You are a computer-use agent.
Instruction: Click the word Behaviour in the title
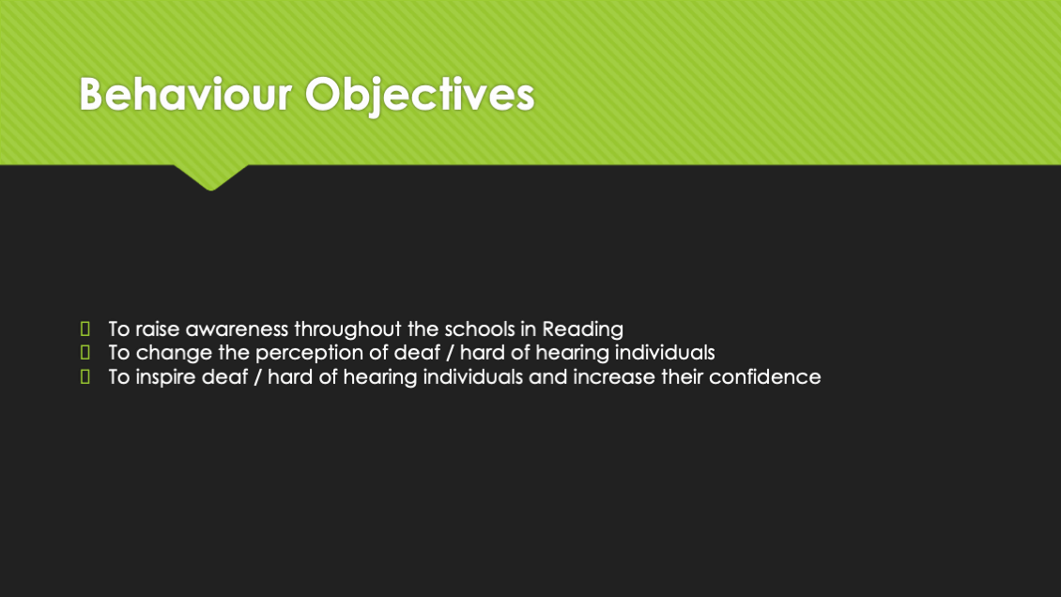185,94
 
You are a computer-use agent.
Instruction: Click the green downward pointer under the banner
211,177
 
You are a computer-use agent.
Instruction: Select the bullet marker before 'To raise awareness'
85,329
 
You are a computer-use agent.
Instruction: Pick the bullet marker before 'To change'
85,352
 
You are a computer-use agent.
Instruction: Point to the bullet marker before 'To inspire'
85,375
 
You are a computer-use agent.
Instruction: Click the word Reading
582,329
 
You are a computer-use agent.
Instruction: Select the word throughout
347,329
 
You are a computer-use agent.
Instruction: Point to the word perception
309,354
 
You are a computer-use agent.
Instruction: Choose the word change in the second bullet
174,354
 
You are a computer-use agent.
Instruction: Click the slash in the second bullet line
450,353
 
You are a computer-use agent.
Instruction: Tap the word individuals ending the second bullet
665,352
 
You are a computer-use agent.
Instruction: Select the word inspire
164,377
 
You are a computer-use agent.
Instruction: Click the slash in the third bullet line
258,376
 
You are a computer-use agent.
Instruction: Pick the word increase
614,376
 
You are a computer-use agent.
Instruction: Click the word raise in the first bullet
158,329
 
